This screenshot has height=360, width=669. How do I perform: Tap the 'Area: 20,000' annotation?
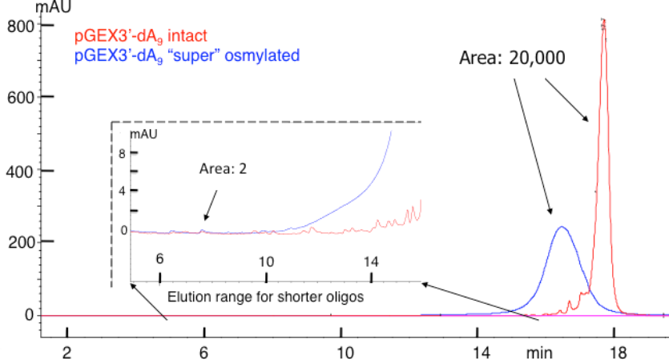[x=512, y=59]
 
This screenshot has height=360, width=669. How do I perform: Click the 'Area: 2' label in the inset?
[x=222, y=169]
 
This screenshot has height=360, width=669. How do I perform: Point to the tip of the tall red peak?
[x=603, y=20]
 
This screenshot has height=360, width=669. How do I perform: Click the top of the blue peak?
[x=562, y=227]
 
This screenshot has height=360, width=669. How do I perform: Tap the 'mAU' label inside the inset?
[x=144, y=135]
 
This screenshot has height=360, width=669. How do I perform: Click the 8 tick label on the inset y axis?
[x=123, y=153]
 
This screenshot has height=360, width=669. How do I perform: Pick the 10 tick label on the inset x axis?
[x=266, y=261]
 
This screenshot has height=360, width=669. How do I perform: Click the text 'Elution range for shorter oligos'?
[x=266, y=297]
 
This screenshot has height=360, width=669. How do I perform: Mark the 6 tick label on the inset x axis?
[x=159, y=259]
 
